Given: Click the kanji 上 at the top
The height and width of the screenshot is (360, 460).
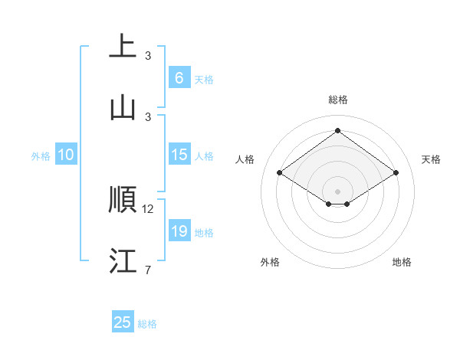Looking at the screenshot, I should [123, 47].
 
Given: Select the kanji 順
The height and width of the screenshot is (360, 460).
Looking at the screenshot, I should [123, 200].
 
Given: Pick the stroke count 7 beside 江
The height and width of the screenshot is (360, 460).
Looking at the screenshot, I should [148, 270].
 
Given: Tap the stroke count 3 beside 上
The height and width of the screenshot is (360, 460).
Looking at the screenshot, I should [148, 56].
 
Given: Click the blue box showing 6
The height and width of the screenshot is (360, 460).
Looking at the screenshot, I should [179, 78].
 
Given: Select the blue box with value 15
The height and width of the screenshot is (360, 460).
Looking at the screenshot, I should [179, 155].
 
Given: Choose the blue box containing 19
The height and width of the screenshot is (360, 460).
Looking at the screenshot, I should [179, 231].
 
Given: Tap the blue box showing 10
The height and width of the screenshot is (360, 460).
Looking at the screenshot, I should [66, 155].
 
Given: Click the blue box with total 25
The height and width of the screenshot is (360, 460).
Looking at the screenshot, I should [123, 322].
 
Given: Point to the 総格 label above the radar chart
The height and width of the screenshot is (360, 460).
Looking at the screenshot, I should [337, 100].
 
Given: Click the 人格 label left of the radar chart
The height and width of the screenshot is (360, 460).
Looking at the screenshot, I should [245, 159].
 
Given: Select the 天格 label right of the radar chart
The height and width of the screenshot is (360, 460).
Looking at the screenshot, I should [431, 159].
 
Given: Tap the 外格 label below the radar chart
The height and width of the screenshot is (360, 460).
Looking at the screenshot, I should [270, 262].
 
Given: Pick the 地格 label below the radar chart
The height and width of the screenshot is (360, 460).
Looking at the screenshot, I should [402, 262].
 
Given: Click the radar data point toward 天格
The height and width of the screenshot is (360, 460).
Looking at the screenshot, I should [396, 173].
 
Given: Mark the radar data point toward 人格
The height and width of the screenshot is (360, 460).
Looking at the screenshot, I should [280, 173].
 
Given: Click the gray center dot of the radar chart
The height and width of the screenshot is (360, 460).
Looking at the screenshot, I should [337, 191].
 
